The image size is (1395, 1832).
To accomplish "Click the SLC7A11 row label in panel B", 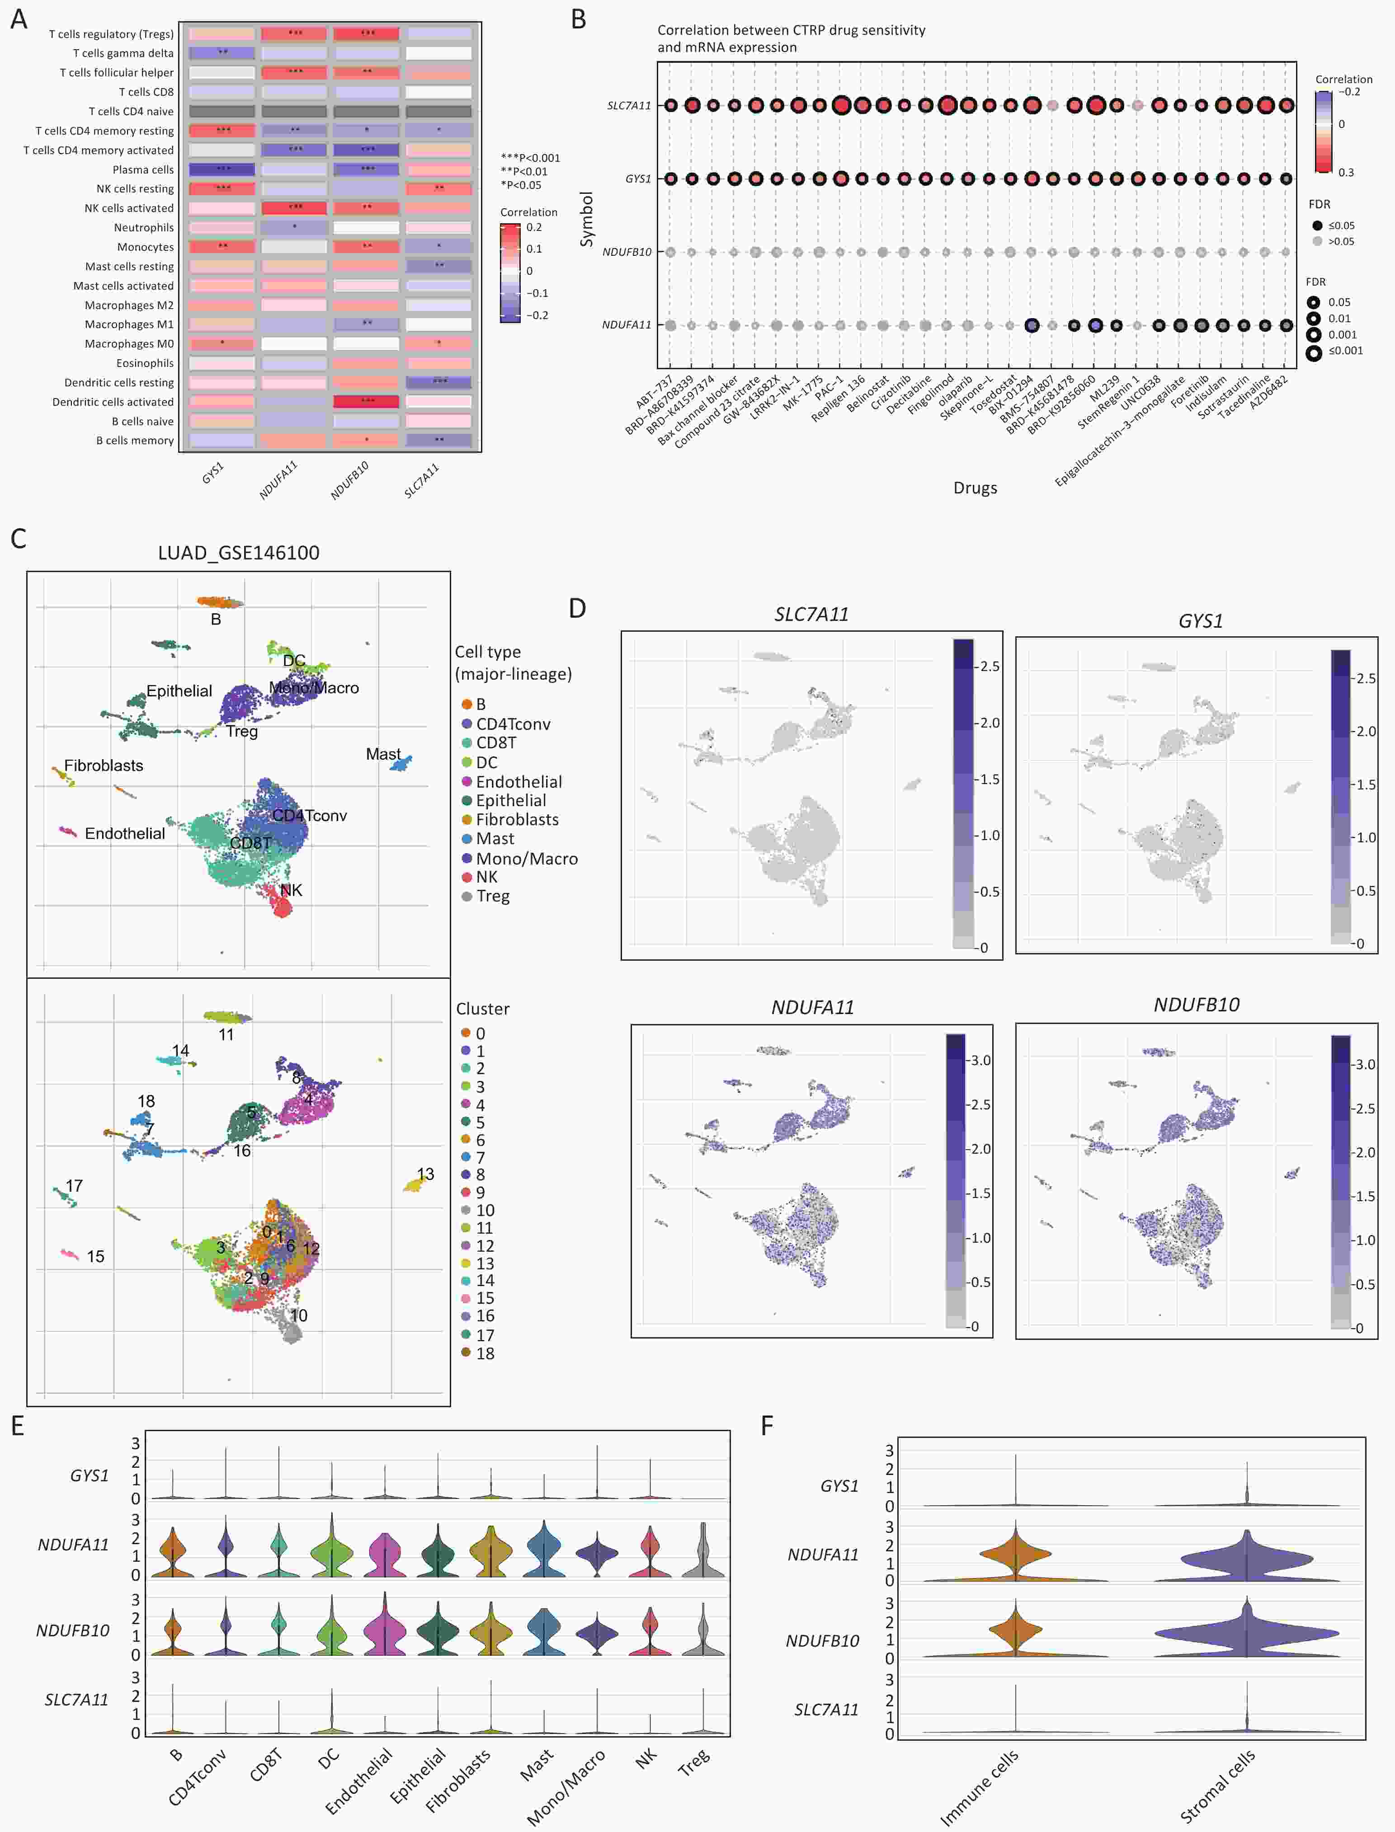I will [x=629, y=105].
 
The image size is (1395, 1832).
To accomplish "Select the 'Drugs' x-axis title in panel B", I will [x=975, y=488].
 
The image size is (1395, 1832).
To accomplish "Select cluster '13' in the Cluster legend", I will [x=484, y=1264].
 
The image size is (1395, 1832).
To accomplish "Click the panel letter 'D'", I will [x=577, y=608].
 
